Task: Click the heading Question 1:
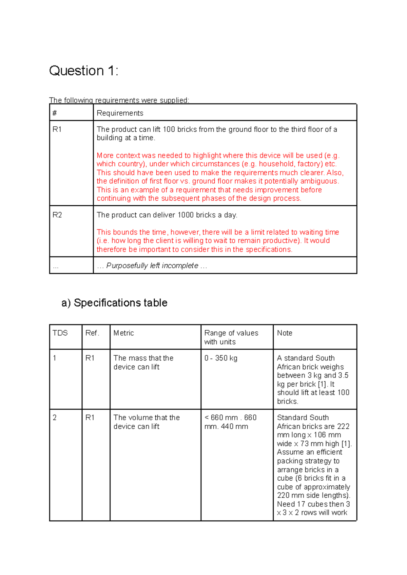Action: pyautogui.click(x=83, y=71)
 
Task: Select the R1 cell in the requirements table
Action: pyautogui.click(x=57, y=129)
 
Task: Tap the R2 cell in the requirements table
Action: pyautogui.click(x=57, y=215)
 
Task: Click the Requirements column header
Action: pyautogui.click(x=120, y=113)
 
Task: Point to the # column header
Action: pyautogui.click(x=55, y=113)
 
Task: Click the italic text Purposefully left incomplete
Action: pyautogui.click(x=152, y=265)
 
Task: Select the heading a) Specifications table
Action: pyautogui.click(x=114, y=303)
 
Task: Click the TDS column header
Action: pyautogui.click(x=60, y=333)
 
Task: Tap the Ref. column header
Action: pyautogui.click(x=92, y=333)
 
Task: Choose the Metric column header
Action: pyautogui.click(x=123, y=333)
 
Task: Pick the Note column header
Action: pyautogui.click(x=284, y=333)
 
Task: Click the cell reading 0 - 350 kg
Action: pyautogui.click(x=221, y=358)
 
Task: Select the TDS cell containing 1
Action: pyautogui.click(x=55, y=358)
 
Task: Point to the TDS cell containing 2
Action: pyautogui.click(x=55, y=418)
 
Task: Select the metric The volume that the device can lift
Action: pyautogui.click(x=147, y=422)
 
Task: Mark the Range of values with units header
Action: pyautogui.click(x=231, y=337)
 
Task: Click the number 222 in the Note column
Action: pyautogui.click(x=343, y=426)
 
